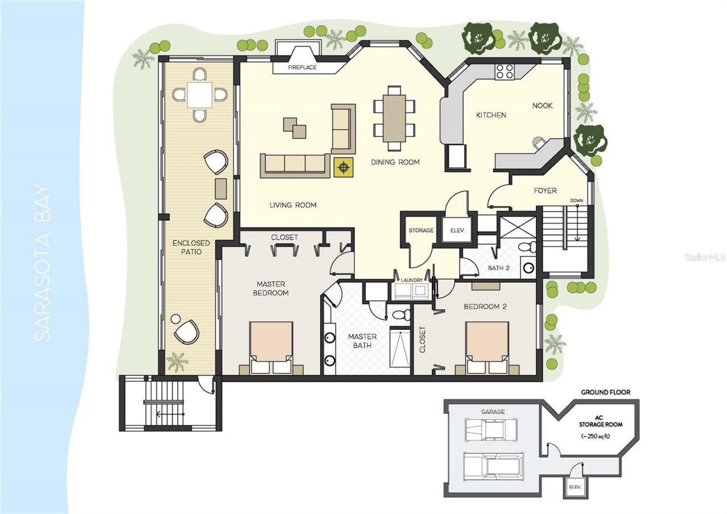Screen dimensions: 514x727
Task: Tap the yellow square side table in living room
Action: (343, 167)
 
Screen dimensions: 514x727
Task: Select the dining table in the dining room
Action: (394, 118)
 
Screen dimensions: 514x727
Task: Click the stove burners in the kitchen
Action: (505, 71)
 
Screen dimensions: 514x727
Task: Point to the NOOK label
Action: (542, 106)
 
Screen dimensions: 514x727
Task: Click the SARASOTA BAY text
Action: (43, 263)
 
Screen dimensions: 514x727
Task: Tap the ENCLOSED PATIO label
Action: (191, 247)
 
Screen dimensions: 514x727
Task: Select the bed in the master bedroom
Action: (271, 347)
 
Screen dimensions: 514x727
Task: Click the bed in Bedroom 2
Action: (487, 347)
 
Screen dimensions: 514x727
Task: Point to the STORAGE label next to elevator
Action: (421, 230)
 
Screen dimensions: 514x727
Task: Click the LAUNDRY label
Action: (412, 280)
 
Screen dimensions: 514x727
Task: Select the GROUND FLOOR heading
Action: (605, 392)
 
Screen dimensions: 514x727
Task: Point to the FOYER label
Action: (545, 191)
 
